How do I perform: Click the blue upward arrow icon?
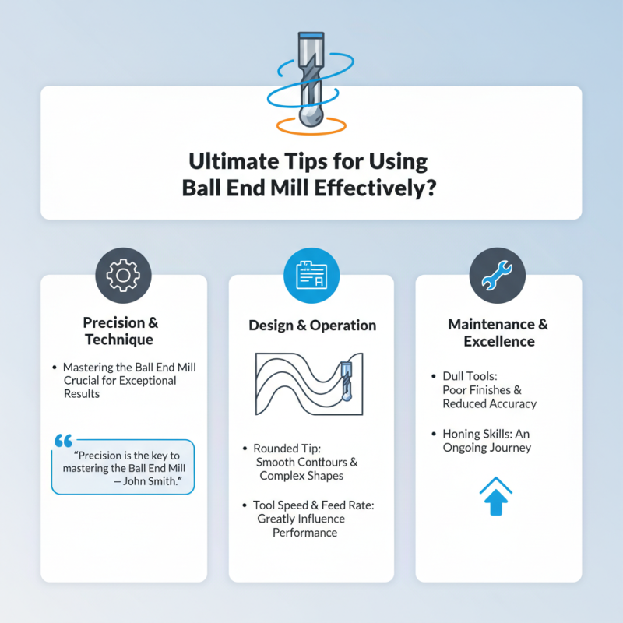click(x=498, y=498)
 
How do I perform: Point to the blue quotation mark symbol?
click(x=63, y=441)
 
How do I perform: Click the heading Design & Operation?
click(x=311, y=326)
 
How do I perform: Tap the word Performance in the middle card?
click(x=304, y=533)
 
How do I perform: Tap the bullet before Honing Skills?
click(x=434, y=434)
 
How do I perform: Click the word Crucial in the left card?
click(x=86, y=381)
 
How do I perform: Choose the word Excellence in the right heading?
click(x=498, y=341)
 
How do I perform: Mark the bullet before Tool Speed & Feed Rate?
click(x=245, y=505)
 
